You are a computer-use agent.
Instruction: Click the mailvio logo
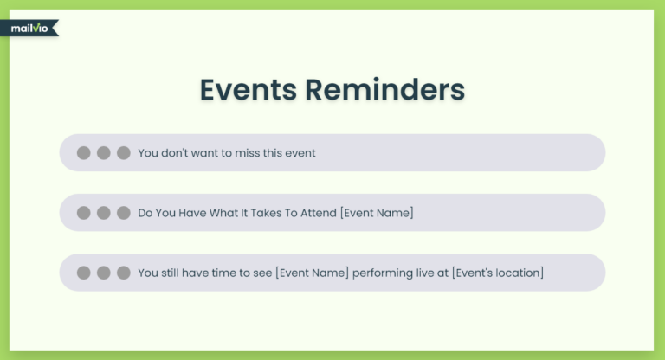coord(29,29)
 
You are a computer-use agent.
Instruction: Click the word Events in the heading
coord(249,89)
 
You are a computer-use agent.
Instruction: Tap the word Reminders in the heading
coord(384,89)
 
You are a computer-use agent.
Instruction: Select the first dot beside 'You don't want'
coord(83,153)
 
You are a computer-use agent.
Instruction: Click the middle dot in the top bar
coord(104,153)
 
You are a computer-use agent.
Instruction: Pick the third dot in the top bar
coord(124,153)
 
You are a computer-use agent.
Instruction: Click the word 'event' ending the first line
coord(300,153)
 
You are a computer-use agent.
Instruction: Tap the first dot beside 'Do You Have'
coord(83,213)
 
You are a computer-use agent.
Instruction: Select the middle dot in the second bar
coord(104,213)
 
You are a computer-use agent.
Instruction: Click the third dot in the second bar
coord(124,213)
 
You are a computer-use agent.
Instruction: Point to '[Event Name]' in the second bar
coord(377,213)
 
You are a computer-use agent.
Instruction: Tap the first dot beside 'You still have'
coord(83,273)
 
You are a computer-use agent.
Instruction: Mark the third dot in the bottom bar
coord(124,273)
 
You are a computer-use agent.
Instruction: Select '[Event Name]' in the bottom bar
coord(312,273)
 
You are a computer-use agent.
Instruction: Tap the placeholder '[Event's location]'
coord(498,273)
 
